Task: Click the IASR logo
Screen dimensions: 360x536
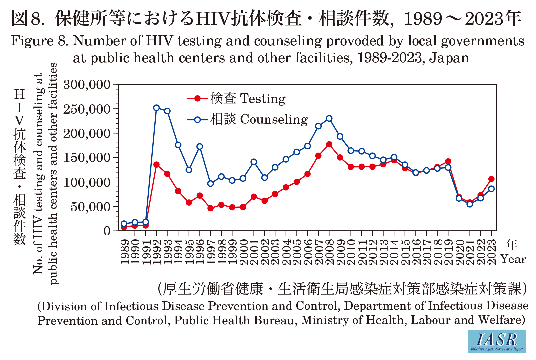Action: coord(497,341)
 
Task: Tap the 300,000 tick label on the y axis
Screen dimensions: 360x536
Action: coord(87,85)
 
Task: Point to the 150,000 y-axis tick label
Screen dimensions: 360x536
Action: coord(87,158)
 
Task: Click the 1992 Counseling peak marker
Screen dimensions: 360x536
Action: coord(156,108)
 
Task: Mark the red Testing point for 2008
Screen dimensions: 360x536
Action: coord(329,144)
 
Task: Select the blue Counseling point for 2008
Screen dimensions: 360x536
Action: coord(329,119)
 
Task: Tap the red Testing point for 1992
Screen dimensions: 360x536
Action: coord(156,165)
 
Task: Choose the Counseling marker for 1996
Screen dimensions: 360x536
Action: coord(200,146)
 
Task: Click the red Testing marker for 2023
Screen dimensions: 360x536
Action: coord(491,179)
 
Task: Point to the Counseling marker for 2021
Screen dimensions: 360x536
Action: coord(470,204)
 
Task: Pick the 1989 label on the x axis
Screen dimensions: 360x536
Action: coord(124,252)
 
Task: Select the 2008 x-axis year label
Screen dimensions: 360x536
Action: coord(329,252)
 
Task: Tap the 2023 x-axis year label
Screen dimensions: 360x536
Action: coord(492,252)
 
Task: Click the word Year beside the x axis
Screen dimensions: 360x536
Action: coord(513,259)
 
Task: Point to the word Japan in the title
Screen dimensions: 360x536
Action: coord(449,58)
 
